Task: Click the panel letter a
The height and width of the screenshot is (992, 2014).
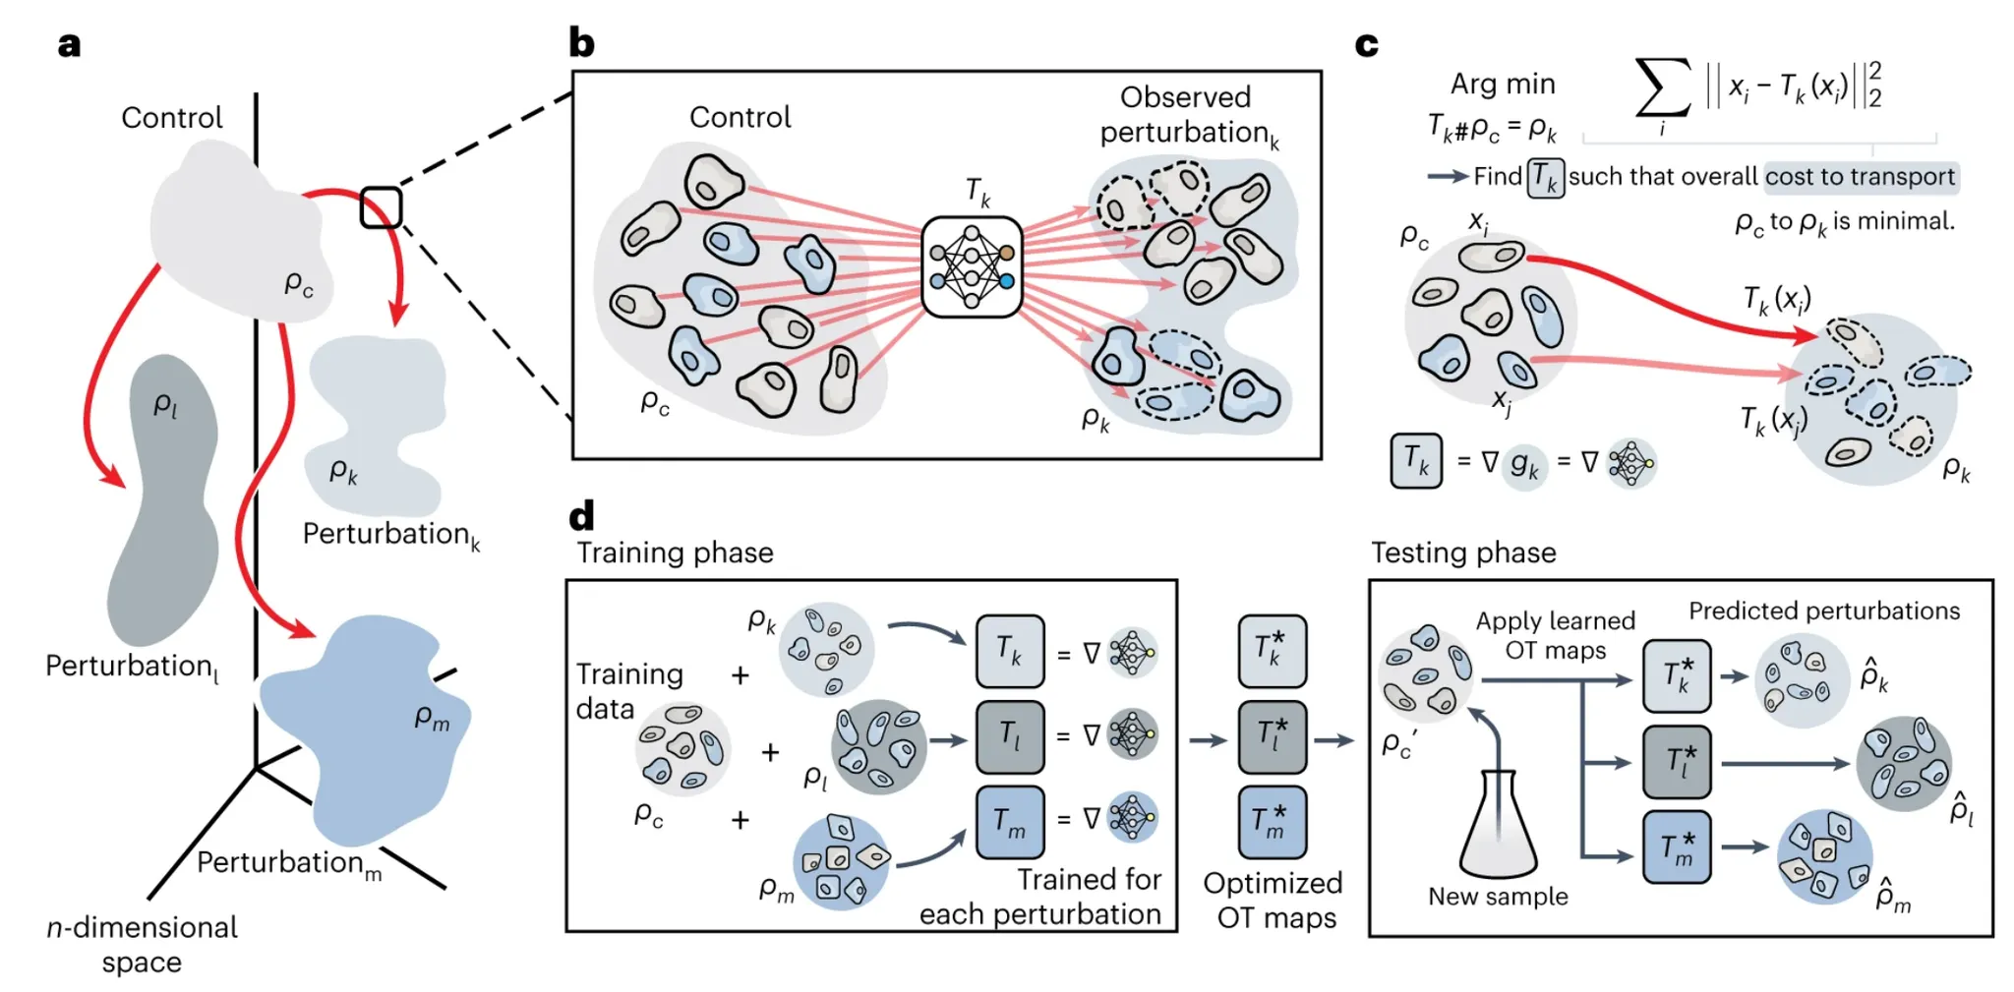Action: (x=69, y=45)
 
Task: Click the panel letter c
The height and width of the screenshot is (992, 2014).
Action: (x=1366, y=45)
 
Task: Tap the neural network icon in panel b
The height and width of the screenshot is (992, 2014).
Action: (x=972, y=266)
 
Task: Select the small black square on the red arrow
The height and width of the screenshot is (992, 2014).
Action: (x=381, y=207)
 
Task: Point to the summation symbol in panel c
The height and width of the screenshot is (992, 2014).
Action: (x=1662, y=88)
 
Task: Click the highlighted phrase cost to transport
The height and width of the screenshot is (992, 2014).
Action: (x=1860, y=177)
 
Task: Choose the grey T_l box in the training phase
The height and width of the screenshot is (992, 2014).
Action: (x=1010, y=736)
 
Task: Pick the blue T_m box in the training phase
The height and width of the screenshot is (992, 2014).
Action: (x=1010, y=822)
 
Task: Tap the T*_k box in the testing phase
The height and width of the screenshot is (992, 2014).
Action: (x=1677, y=676)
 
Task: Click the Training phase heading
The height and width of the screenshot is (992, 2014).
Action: (x=675, y=553)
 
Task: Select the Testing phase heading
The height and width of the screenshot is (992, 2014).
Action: (x=1463, y=553)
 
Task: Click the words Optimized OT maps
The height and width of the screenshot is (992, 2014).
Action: (x=1274, y=900)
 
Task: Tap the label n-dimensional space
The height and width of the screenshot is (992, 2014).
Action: (x=142, y=944)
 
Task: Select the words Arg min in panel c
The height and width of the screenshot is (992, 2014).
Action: (x=1503, y=85)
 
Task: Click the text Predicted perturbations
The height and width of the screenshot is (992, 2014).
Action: (x=1824, y=611)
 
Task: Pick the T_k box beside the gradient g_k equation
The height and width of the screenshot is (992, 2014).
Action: (x=1416, y=461)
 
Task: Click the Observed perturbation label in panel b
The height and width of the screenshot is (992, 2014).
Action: (x=1187, y=114)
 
